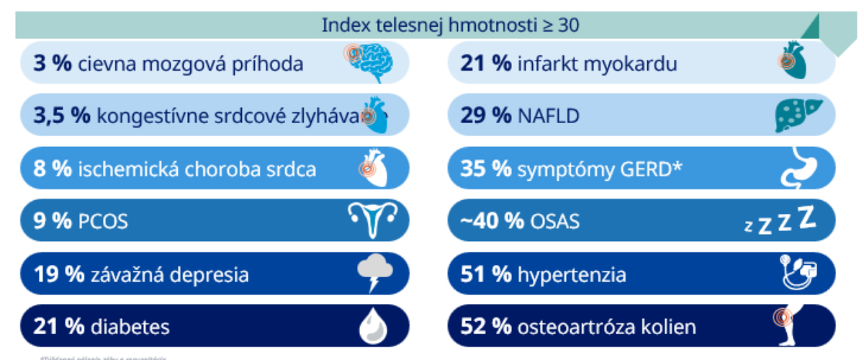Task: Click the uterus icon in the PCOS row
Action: (x=372, y=220)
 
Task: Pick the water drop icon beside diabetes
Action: (x=373, y=327)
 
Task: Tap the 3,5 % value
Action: (x=61, y=116)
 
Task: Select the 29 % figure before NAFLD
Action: (x=486, y=116)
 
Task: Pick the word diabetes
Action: (x=130, y=328)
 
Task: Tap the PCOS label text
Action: (x=102, y=222)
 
